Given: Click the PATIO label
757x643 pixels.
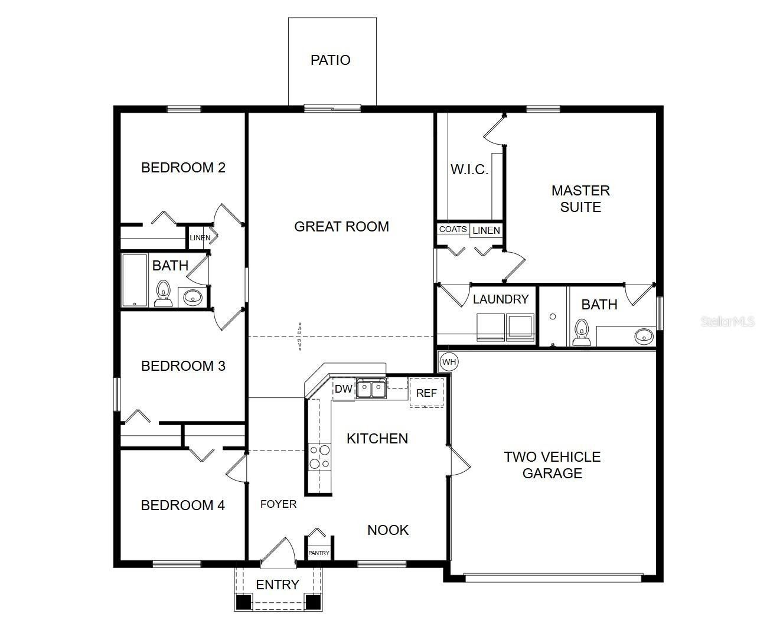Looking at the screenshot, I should click(x=330, y=60).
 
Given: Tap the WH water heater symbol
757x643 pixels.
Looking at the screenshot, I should click(x=449, y=361).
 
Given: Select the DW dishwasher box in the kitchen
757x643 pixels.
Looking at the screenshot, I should click(x=343, y=389).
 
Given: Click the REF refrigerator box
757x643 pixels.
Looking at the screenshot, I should click(x=426, y=393).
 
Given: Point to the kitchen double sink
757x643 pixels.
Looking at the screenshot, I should click(x=371, y=389).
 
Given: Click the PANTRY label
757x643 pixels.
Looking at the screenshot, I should click(x=319, y=553).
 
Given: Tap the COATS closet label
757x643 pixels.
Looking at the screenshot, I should click(x=453, y=229).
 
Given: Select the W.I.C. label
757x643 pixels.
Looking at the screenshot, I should click(x=469, y=170).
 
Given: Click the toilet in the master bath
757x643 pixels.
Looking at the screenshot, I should click(x=581, y=332).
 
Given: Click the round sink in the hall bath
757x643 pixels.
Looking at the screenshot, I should click(x=192, y=297).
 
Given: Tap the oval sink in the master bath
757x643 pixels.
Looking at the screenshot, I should click(x=644, y=337).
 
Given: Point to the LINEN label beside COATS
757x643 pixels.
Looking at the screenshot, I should click(x=486, y=230).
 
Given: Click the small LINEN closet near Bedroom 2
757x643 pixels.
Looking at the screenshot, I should click(x=200, y=238).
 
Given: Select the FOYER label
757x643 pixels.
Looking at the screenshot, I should click(x=278, y=504).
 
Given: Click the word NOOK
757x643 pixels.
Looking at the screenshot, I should click(x=387, y=530).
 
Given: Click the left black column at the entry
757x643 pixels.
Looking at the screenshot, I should click(x=243, y=602).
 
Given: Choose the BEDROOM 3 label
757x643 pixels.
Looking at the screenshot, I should click(x=183, y=366).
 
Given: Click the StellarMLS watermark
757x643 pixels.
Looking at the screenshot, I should click(x=727, y=322).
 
